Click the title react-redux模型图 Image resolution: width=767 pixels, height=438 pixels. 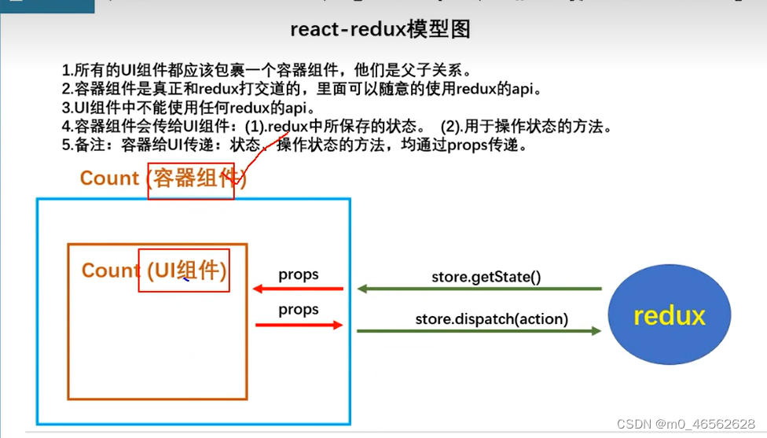(380, 29)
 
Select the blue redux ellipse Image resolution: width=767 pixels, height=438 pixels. (669, 316)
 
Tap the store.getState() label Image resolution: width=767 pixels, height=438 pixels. (486, 277)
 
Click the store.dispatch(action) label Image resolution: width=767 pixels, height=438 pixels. (491, 319)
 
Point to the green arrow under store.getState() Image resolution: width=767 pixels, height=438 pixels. (479, 289)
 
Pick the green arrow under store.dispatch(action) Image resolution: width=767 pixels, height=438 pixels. (479, 331)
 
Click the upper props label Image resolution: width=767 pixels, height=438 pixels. (298, 274)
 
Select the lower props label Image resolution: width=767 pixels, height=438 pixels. (298, 310)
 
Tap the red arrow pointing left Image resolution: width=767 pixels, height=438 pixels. (298, 289)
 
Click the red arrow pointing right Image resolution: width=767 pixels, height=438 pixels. (298, 324)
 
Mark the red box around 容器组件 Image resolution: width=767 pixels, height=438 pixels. (191, 179)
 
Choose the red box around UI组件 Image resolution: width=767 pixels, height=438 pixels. (184, 271)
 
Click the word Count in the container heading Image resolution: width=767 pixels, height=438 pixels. (109, 179)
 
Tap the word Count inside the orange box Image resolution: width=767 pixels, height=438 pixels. (111, 271)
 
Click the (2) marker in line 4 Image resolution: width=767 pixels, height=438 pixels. (450, 126)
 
